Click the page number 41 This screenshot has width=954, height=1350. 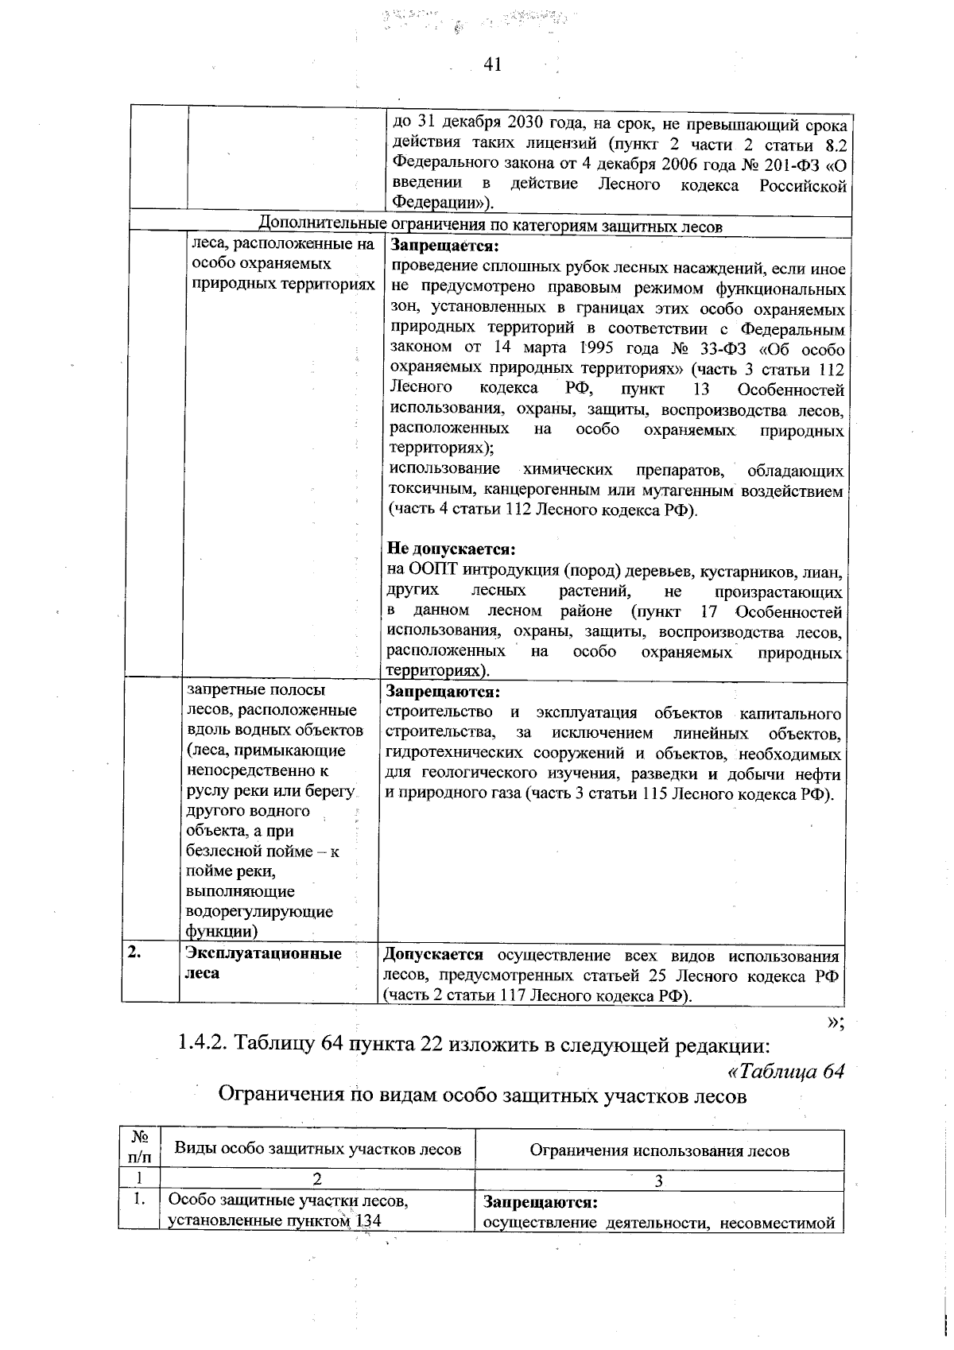[x=492, y=64]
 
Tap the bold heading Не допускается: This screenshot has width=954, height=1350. [x=452, y=549]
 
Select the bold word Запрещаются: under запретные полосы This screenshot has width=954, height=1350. [x=442, y=692]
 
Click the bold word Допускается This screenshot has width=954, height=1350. [x=433, y=955]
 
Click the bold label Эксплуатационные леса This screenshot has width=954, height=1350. [x=262, y=963]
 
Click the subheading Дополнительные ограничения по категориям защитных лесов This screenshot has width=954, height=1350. [x=491, y=226]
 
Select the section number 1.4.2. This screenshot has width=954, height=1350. [x=202, y=1044]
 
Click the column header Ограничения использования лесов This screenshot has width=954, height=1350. [x=659, y=1150]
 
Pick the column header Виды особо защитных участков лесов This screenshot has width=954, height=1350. [x=317, y=1149]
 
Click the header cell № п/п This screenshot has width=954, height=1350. [x=139, y=1149]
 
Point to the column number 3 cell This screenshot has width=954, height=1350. [x=658, y=1181]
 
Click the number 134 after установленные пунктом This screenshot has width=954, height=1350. [x=366, y=1221]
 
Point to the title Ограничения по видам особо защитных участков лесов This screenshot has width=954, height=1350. [x=483, y=1096]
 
